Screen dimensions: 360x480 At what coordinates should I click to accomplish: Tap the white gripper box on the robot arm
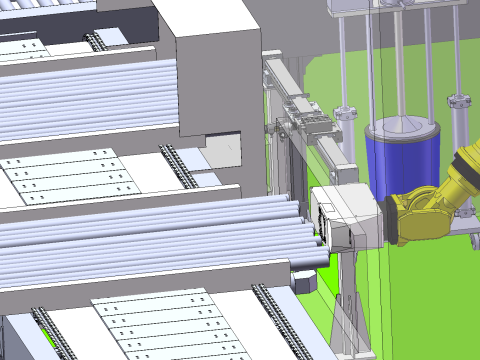(346, 216)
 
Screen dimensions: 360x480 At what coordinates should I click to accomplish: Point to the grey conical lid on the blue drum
(404, 128)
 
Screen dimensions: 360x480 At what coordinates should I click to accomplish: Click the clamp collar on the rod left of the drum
(346, 113)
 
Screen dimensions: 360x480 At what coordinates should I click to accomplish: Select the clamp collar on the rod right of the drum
(459, 102)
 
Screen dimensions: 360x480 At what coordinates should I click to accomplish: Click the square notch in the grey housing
(224, 150)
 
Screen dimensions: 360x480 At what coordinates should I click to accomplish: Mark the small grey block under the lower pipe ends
(304, 279)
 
